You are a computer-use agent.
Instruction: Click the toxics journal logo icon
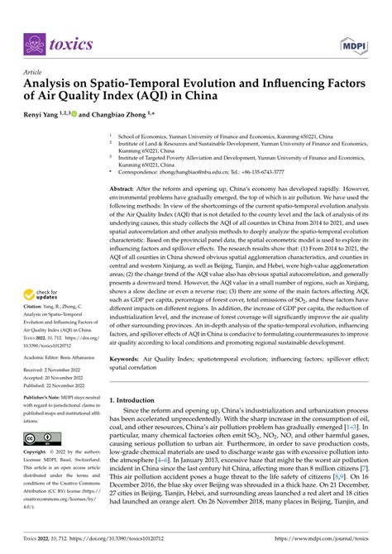(x=33, y=44)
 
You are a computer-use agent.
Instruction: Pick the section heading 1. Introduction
(x=136, y=399)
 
